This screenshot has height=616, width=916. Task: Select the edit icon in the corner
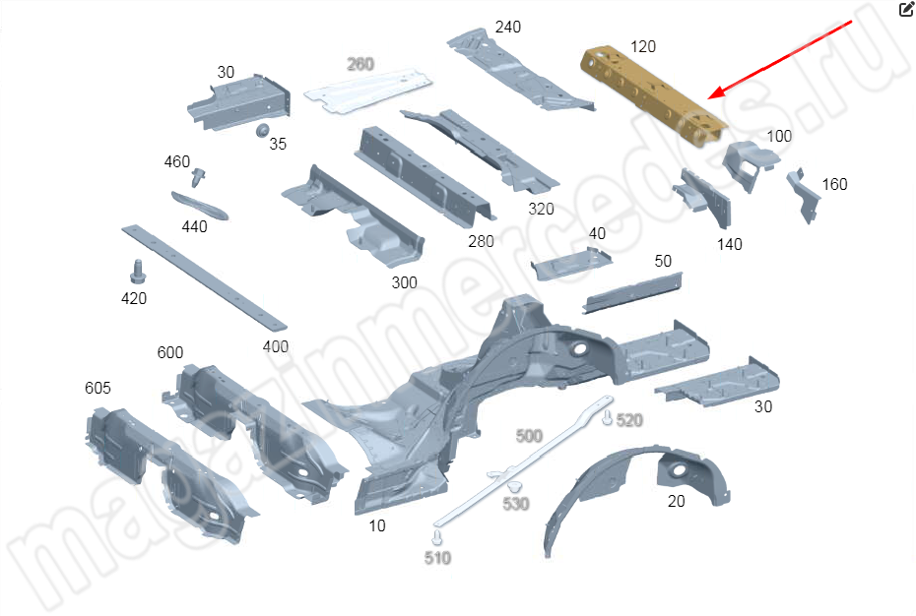906,9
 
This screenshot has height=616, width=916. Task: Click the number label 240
507,27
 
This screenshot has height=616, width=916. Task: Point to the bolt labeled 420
138,272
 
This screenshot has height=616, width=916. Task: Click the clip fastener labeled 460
199,177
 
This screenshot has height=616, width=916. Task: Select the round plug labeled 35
262,130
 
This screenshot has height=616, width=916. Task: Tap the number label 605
98,388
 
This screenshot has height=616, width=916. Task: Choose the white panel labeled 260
368,91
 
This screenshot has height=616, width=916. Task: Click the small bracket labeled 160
804,196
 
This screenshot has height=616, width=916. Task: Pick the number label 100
779,136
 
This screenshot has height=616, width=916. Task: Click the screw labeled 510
436,537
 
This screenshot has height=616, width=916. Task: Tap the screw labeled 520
608,417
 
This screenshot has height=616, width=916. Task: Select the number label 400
275,346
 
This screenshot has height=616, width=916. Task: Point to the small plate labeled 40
571,264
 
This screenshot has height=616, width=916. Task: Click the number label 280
481,241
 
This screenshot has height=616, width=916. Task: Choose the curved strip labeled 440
200,206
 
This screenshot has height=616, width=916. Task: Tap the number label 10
377,526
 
